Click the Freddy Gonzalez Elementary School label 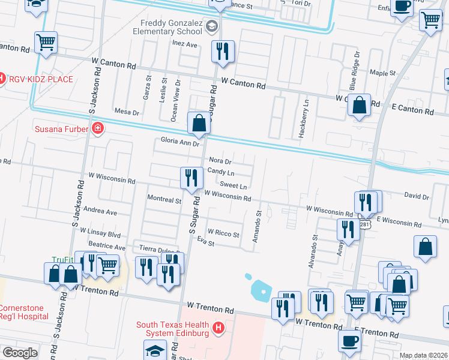(170, 27)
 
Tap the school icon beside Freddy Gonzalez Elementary (211, 26)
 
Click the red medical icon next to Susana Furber (97, 128)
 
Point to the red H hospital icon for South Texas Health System (218, 329)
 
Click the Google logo (20, 352)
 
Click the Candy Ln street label (220, 172)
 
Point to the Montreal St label (164, 199)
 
